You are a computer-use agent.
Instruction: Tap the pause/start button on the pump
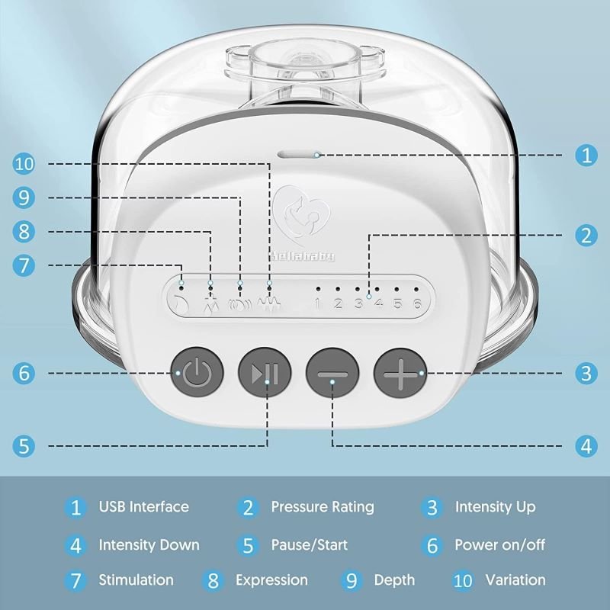(x=265, y=372)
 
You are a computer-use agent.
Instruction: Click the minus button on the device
(x=332, y=373)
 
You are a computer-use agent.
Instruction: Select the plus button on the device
(x=400, y=374)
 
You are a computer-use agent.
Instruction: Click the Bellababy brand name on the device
(x=302, y=256)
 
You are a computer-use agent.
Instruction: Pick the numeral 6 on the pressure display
(x=417, y=303)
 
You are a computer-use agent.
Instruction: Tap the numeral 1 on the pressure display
(x=318, y=303)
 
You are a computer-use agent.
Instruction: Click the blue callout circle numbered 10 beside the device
(x=24, y=164)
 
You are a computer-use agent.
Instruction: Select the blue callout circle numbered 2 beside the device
(x=586, y=236)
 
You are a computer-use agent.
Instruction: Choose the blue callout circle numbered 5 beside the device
(x=24, y=446)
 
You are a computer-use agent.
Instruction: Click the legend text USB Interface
(x=144, y=506)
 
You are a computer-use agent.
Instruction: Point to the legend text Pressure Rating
(x=323, y=507)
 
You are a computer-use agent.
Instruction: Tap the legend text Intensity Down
(x=149, y=544)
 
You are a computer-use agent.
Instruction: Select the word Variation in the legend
(x=515, y=579)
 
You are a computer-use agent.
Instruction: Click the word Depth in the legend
(x=394, y=580)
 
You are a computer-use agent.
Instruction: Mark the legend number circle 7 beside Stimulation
(x=75, y=580)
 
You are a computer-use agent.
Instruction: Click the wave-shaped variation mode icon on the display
(x=268, y=303)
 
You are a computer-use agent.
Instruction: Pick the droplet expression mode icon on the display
(x=210, y=303)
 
